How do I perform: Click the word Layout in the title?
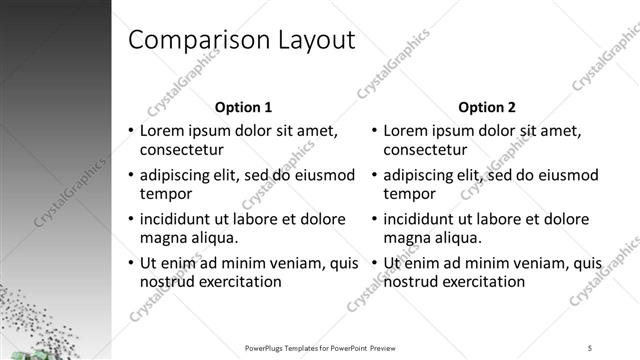pos(306,40)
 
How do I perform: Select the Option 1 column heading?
pos(243,107)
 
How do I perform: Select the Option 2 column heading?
pos(487,107)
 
